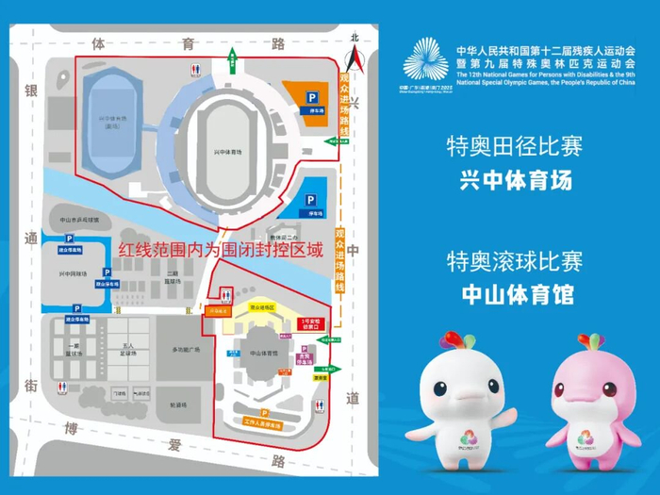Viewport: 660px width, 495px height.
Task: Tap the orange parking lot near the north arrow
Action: tap(305, 93)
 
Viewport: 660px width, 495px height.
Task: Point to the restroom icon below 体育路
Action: tap(196, 69)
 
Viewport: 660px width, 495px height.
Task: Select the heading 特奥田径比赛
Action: tap(515, 146)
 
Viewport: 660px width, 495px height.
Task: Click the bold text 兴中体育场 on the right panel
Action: tap(515, 180)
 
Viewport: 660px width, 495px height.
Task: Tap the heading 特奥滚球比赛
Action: tap(515, 260)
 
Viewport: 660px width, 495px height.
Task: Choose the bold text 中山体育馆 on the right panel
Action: tap(515, 295)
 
